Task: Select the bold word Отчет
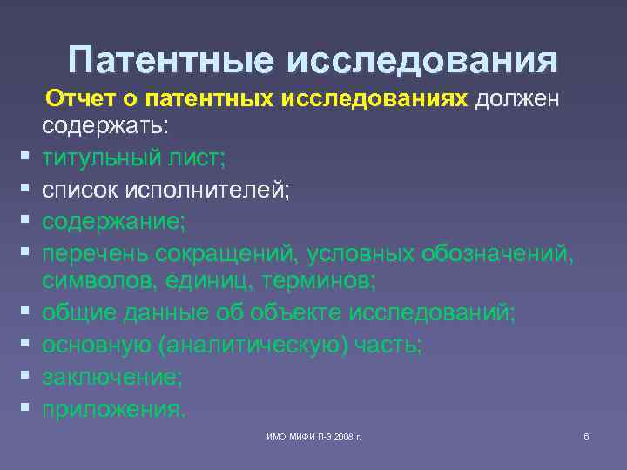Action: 79,98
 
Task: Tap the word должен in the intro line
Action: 518,98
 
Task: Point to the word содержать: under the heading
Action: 108,127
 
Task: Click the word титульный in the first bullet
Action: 105,158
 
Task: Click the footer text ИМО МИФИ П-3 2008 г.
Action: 314,435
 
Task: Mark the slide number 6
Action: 586,435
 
